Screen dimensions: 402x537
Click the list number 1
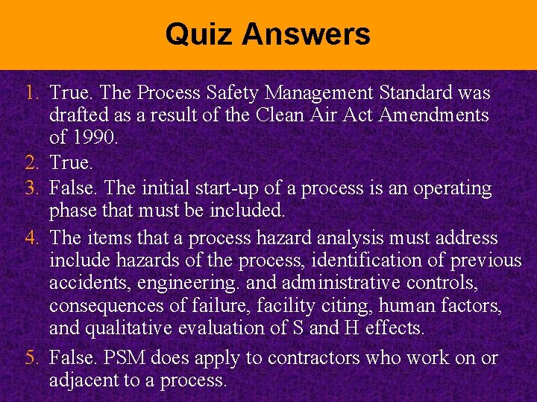coord(30,93)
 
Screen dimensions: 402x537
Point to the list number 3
coord(30,188)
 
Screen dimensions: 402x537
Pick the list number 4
coord(30,238)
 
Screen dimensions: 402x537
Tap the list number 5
coord(30,358)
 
